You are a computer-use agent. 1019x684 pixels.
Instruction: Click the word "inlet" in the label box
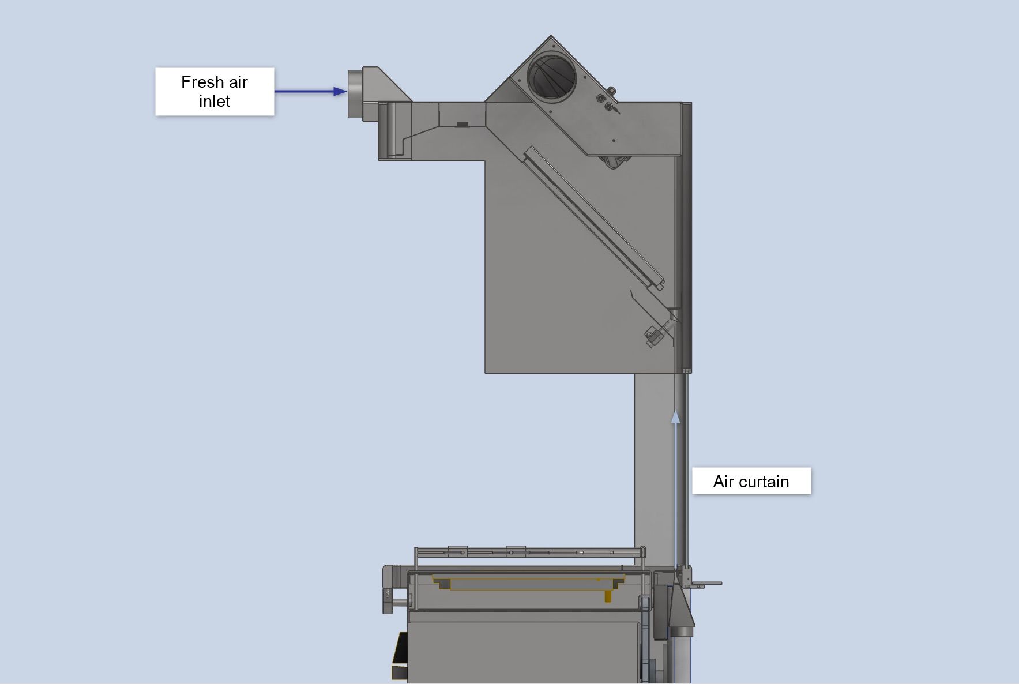(x=215, y=101)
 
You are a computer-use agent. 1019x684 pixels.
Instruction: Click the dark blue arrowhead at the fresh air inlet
(x=340, y=91)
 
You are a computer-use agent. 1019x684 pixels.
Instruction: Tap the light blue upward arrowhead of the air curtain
(x=675, y=416)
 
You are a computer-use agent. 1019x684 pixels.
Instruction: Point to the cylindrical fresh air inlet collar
(x=354, y=93)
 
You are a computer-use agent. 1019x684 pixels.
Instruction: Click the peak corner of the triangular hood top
(x=551, y=36)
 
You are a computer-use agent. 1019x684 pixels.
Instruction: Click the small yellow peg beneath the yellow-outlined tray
(x=608, y=596)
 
